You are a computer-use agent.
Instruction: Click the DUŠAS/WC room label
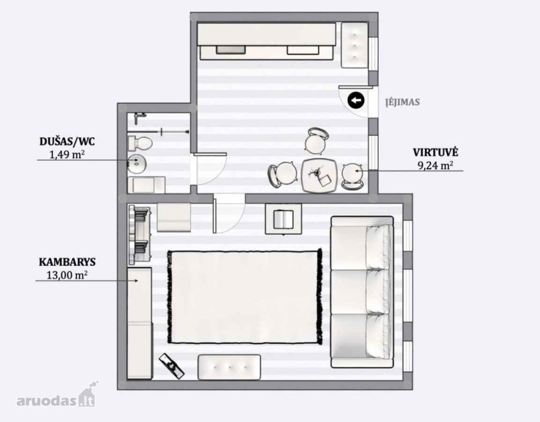pos(67,141)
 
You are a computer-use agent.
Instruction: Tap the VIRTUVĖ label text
pos(436,152)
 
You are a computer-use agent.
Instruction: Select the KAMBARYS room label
pos(67,262)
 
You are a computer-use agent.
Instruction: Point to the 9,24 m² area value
pos(435,166)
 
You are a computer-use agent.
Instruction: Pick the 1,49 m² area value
pos(67,154)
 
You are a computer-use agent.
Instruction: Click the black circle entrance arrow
pos(356,101)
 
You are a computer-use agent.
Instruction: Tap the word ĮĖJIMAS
pos(402,102)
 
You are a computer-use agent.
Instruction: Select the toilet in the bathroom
pos(140,143)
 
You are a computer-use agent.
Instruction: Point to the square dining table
pos(319,175)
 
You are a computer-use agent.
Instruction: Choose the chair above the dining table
pos(316,141)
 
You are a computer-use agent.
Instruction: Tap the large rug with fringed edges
pos(245,297)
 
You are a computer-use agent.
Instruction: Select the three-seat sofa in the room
pos(362,292)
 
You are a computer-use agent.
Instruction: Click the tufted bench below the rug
pos(229,367)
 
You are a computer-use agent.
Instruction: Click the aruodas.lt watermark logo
pos(57,397)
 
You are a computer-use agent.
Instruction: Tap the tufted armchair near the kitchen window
pos(355,45)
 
